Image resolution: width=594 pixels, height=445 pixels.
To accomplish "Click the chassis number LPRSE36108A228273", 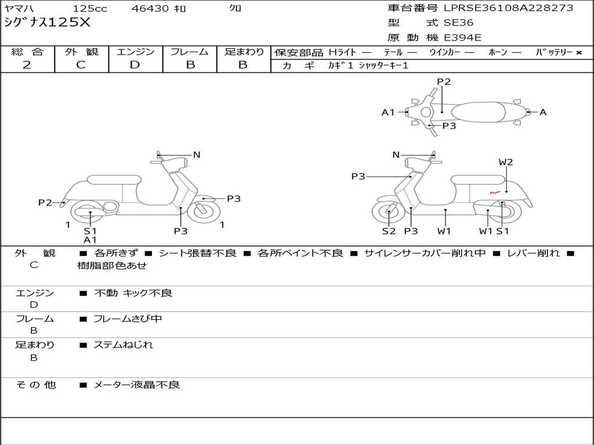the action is [508, 8].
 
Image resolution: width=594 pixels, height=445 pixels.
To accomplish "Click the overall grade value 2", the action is [27, 65].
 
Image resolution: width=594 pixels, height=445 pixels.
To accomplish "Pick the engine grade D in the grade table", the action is [135, 65].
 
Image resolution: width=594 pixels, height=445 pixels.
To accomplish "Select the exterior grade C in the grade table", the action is [81, 65].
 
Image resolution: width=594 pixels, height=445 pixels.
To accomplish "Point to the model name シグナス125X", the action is [47, 23].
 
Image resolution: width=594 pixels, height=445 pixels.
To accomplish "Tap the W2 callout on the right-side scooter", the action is [506, 162].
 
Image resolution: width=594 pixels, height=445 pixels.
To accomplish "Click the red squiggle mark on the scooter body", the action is [494, 192].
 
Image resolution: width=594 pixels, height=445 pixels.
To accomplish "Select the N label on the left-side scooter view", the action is [197, 155].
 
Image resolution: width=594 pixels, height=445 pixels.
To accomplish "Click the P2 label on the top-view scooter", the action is [444, 82].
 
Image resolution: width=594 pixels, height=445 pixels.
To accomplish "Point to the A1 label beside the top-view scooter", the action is [388, 112].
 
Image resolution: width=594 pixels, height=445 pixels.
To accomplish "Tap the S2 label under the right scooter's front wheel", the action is [388, 231].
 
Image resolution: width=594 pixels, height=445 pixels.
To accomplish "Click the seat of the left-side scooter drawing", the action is [114, 180].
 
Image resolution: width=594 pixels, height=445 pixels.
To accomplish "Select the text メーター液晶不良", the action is [137, 385].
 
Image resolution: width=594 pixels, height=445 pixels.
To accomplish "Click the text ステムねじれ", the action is [124, 345].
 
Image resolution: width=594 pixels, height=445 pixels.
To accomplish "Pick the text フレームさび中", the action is [128, 319].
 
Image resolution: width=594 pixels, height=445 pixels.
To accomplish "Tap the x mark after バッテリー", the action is [578, 53].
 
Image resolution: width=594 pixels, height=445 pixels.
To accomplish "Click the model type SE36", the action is [458, 23].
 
